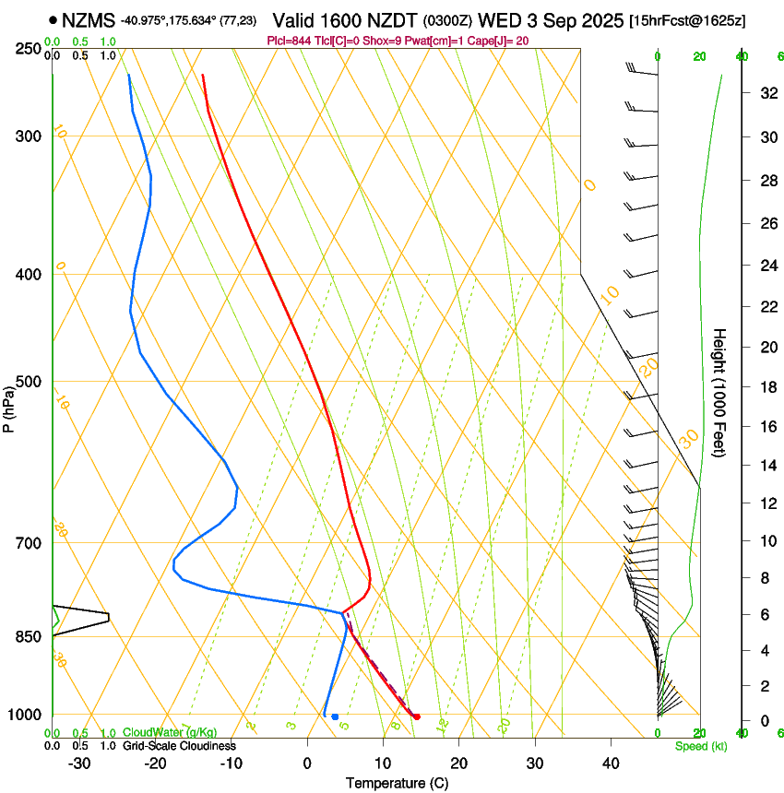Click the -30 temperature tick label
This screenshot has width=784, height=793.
(x=79, y=763)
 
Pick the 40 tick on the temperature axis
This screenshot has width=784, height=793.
(x=610, y=763)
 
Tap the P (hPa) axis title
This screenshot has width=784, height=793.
(x=9, y=405)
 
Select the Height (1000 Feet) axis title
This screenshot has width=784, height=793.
(x=720, y=392)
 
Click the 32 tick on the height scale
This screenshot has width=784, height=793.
(x=766, y=92)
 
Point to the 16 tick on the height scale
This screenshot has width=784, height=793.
(x=766, y=426)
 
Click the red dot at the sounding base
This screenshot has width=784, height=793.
(x=417, y=716)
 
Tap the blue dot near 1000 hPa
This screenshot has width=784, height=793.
(x=335, y=716)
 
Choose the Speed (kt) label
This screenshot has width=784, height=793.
(x=700, y=746)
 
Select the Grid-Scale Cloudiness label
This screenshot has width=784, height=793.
(x=179, y=746)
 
